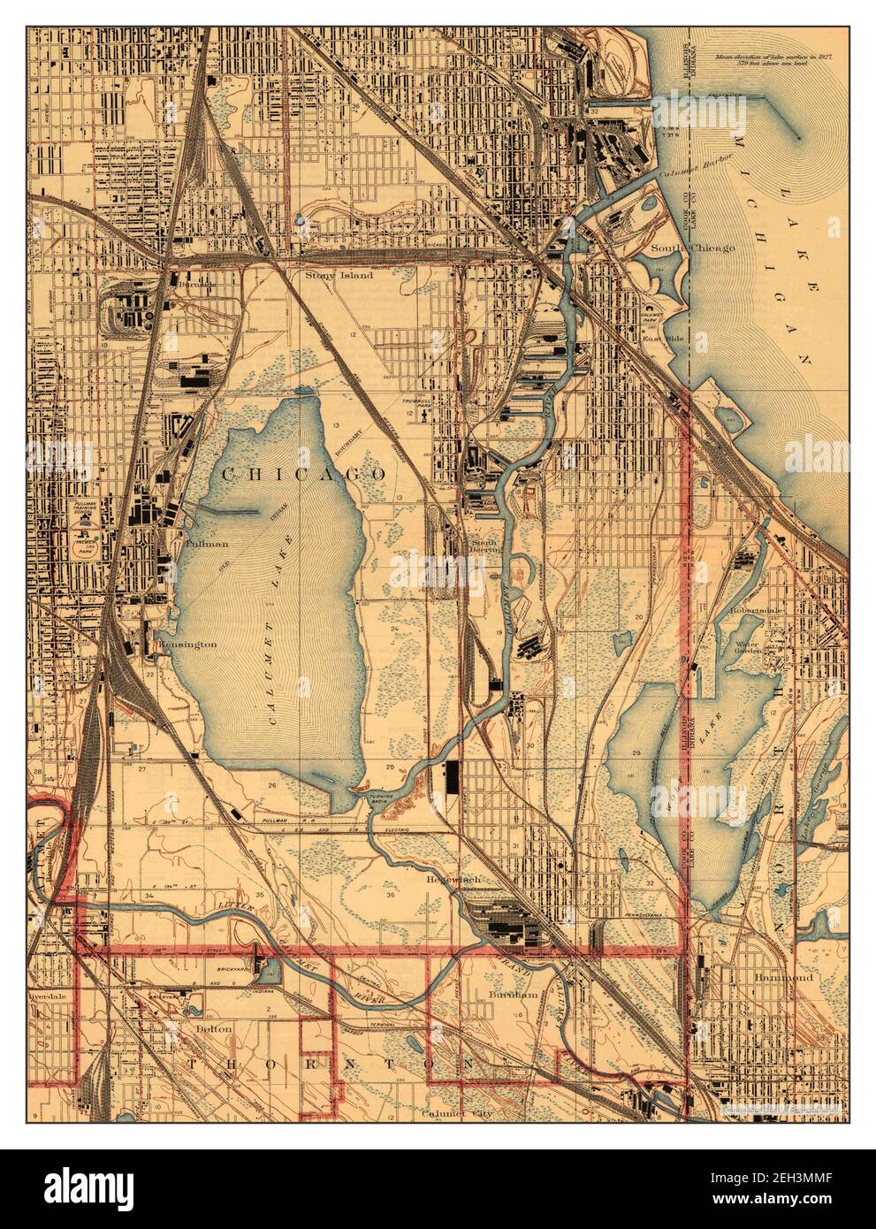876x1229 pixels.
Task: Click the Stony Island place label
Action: pyautogui.click(x=339, y=275)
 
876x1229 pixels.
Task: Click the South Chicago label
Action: pyautogui.click(x=692, y=248)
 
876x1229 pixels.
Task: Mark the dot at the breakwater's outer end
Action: pyautogui.click(x=798, y=136)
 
